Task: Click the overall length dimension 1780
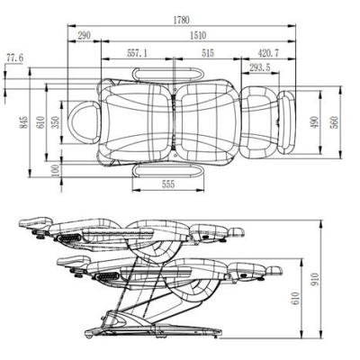tap(182, 20)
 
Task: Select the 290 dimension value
tap(84, 35)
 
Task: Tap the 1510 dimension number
tap(198, 35)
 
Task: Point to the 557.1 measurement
tap(138, 53)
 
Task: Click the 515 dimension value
tap(208, 53)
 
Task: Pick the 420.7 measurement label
tap(268, 53)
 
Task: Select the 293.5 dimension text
tap(260, 67)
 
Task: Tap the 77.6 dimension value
tap(15, 58)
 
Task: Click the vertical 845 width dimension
tap(25, 122)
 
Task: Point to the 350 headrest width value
tap(56, 122)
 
